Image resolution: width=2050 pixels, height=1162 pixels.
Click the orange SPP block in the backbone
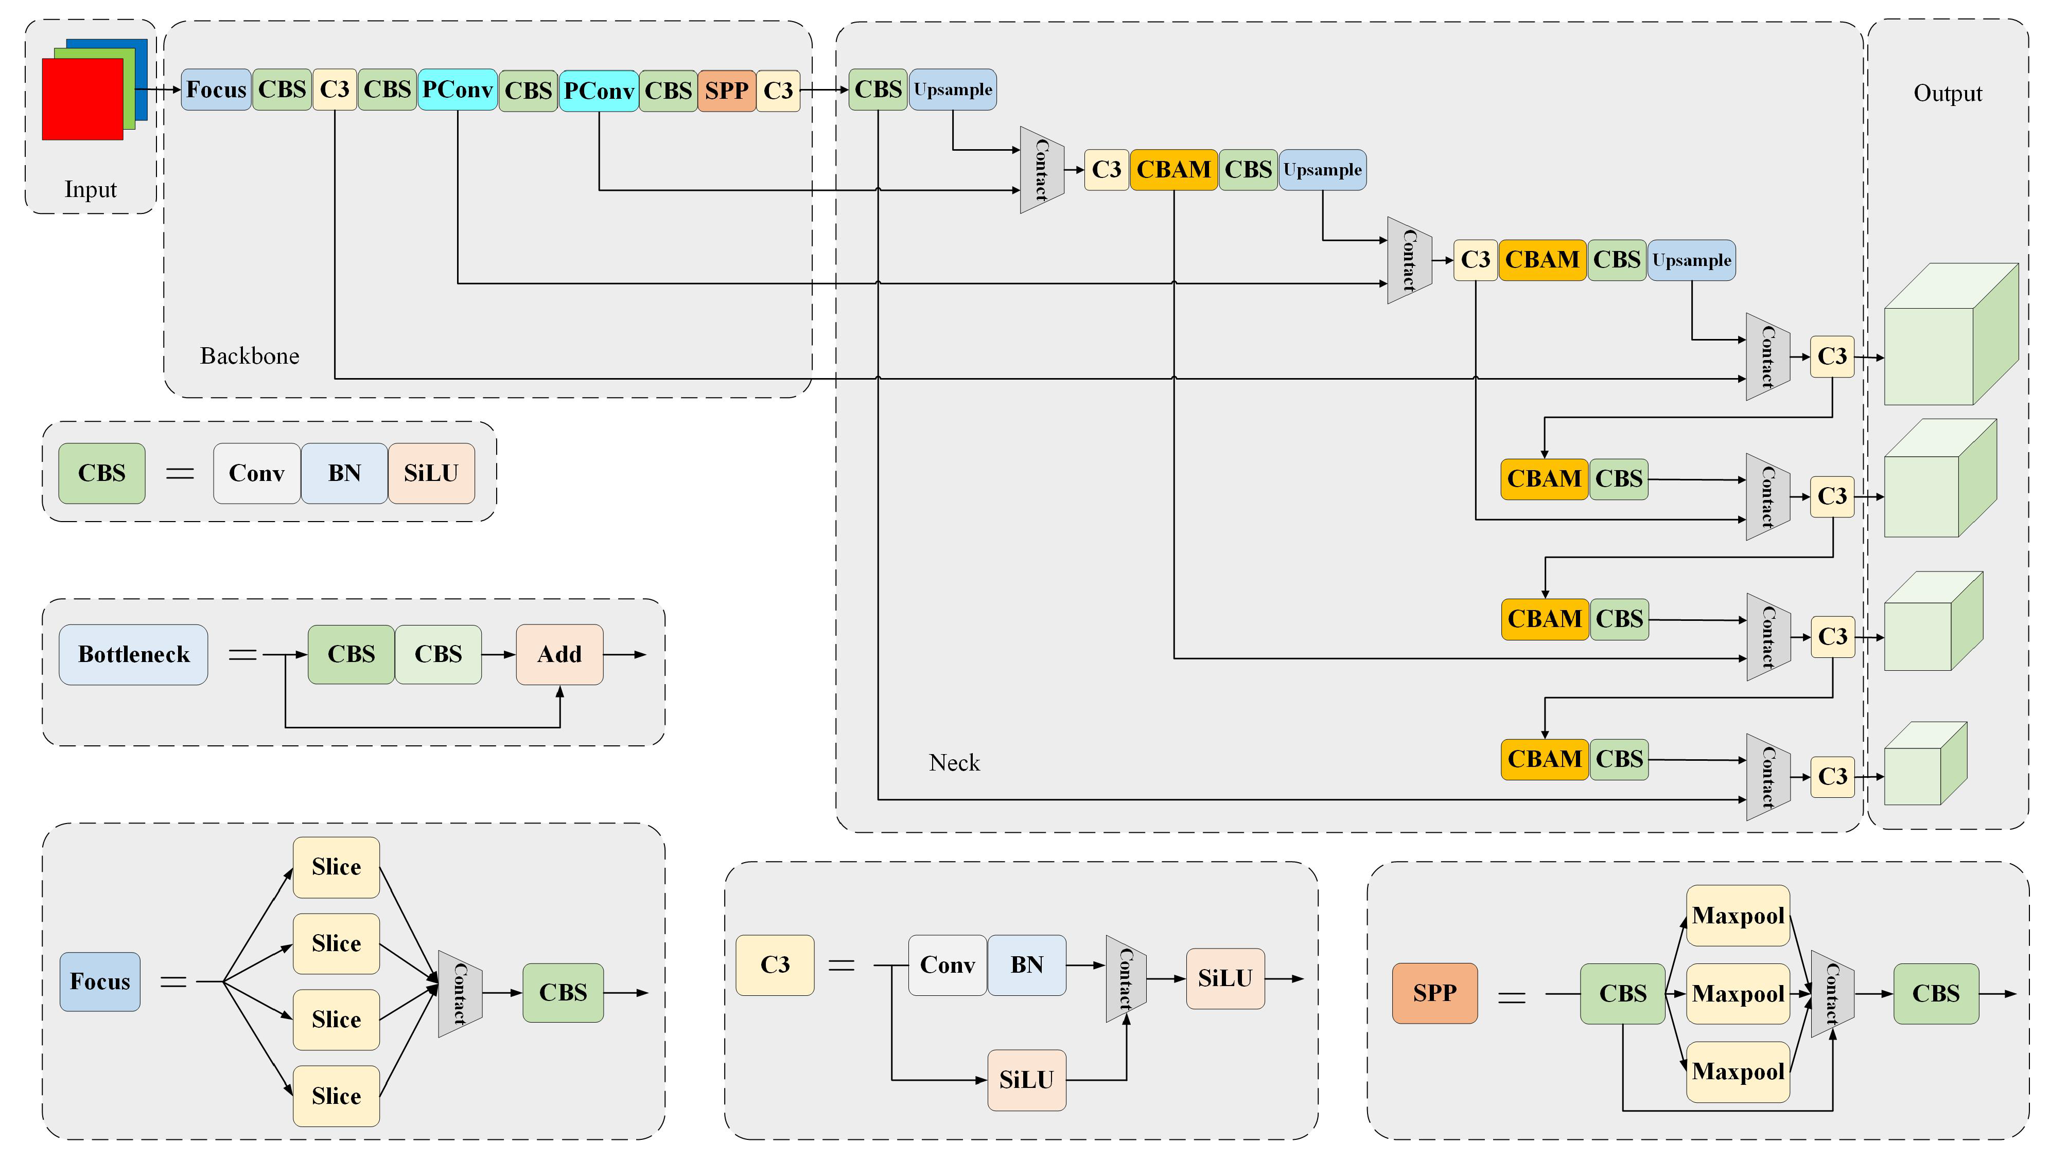tap(726, 90)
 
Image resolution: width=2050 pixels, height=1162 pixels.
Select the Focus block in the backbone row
tap(216, 90)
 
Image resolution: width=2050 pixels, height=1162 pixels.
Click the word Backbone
tap(249, 356)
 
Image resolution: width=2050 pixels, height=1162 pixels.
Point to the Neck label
tap(954, 763)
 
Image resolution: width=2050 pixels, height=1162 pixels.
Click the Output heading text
tap(1947, 94)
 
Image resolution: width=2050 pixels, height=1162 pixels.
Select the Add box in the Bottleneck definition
tap(559, 654)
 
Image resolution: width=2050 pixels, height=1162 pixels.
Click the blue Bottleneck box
tap(133, 654)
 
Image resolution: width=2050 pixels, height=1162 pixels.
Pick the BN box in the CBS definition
tap(344, 473)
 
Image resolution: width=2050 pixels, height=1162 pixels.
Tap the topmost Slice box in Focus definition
tap(336, 867)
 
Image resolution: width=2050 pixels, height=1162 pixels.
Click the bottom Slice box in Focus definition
tap(336, 1096)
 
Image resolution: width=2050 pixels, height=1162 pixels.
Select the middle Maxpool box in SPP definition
tap(1738, 994)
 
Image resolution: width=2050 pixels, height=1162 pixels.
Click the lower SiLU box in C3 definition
tap(1027, 1080)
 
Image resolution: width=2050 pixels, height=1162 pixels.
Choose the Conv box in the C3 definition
tap(947, 965)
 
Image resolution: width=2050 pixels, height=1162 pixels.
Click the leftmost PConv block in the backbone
tap(458, 90)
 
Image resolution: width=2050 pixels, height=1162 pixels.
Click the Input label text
tap(90, 190)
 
